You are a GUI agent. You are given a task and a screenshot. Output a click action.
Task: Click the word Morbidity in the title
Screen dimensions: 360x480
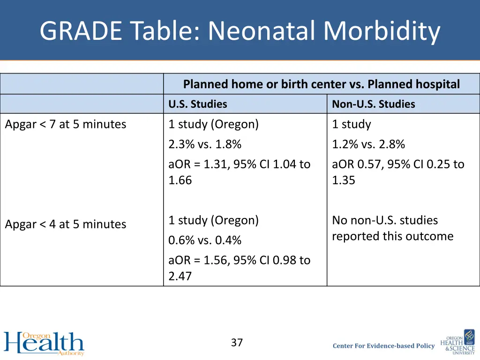coord(382,31)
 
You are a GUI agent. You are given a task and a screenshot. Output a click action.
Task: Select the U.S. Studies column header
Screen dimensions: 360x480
coord(197,104)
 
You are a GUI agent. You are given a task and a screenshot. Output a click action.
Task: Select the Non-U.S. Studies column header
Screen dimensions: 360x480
coord(373,104)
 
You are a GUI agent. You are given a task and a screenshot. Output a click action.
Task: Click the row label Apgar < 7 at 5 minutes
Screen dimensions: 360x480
coord(65,124)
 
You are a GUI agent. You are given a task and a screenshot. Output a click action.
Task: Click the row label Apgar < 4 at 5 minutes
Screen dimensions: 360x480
coord(65,224)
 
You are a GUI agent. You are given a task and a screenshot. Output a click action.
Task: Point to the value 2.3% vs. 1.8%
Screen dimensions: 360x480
coord(205,144)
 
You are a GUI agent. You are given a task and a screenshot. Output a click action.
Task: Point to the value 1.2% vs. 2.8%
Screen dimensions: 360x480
coord(368,144)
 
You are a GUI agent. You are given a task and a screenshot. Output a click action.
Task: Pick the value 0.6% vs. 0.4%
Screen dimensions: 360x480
coord(205,240)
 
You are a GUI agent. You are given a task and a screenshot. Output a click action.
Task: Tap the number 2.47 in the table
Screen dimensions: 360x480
coord(180,276)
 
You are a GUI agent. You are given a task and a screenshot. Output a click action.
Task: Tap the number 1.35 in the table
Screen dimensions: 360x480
coord(343,180)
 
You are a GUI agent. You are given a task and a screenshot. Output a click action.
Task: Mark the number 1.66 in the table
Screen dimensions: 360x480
coord(180,180)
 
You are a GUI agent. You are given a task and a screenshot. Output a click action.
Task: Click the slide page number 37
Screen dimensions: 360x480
coord(237,343)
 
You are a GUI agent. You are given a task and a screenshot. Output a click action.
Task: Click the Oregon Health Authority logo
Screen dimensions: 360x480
coord(44,344)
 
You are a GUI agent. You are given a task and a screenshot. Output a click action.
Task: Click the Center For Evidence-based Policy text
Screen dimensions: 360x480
coord(383,346)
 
